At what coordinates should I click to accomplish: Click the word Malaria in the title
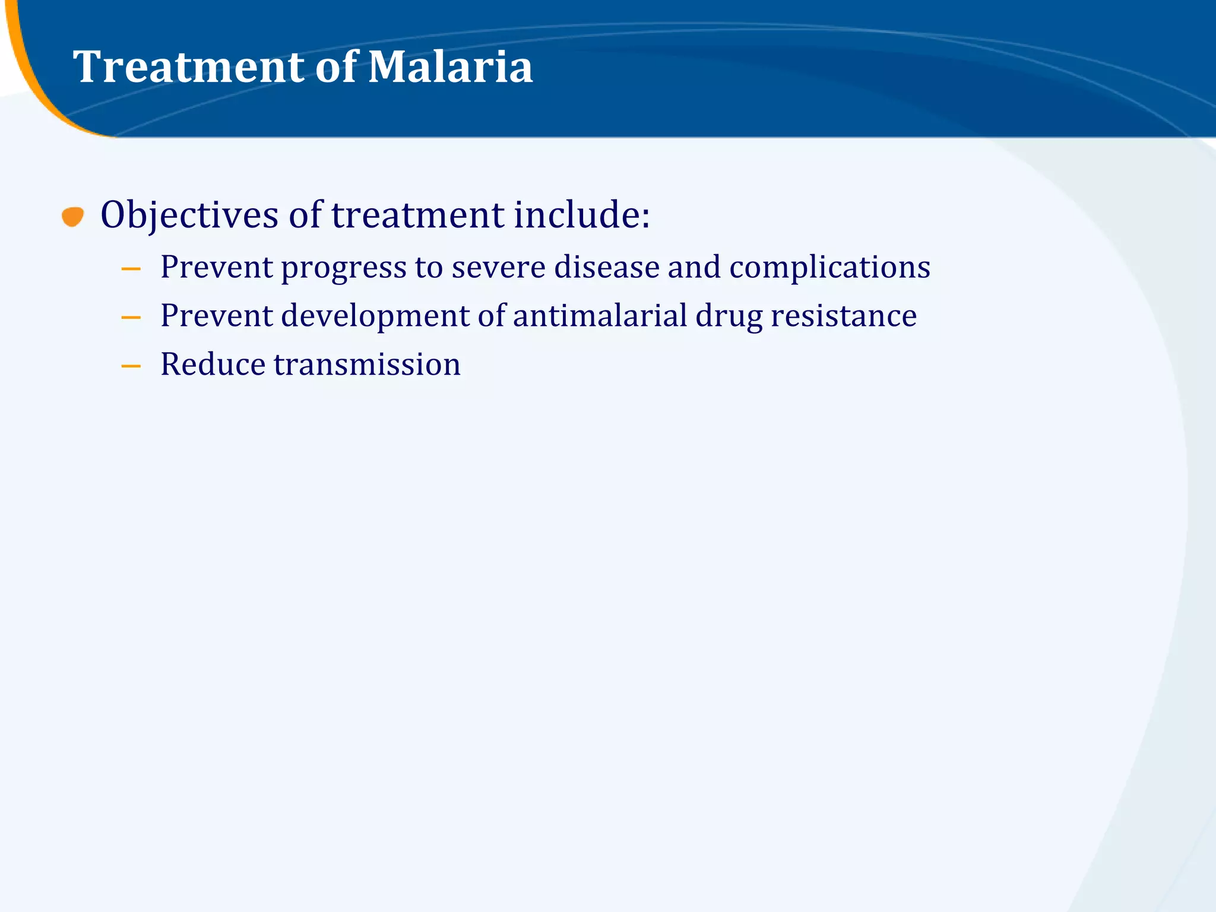[x=450, y=66]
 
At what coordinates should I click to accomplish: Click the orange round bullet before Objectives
[x=72, y=217]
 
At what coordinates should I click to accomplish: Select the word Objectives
[x=189, y=215]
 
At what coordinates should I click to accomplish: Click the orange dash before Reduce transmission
[x=131, y=366]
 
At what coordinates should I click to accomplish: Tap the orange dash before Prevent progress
[x=131, y=269]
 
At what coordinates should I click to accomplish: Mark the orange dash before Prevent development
[x=131, y=318]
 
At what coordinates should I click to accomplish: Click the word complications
[x=829, y=267]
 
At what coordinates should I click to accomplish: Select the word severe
[x=498, y=267]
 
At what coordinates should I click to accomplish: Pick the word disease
[x=606, y=267]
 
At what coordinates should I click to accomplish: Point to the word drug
[x=729, y=316]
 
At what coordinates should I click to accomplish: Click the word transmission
[x=367, y=364]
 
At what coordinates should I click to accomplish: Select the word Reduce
[x=213, y=364]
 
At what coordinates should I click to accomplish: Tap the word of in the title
[x=337, y=66]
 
